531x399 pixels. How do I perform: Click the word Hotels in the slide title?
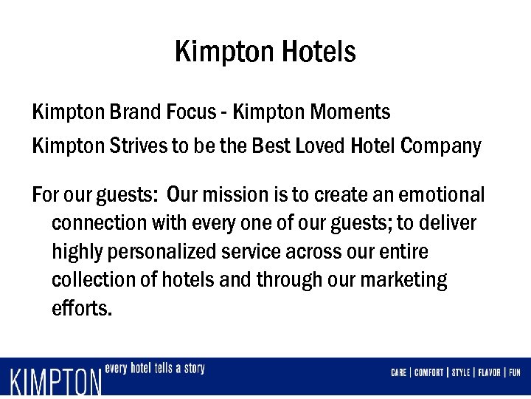coord(319,52)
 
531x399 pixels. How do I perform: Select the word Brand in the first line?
coord(130,112)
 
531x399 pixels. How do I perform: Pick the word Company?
coord(440,146)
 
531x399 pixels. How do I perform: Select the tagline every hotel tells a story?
coord(155,368)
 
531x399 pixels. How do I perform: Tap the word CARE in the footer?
coord(398,372)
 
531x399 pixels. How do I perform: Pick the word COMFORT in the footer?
coord(428,372)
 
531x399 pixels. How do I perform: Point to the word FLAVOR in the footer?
coord(487,372)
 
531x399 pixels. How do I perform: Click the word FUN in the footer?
coord(514,372)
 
